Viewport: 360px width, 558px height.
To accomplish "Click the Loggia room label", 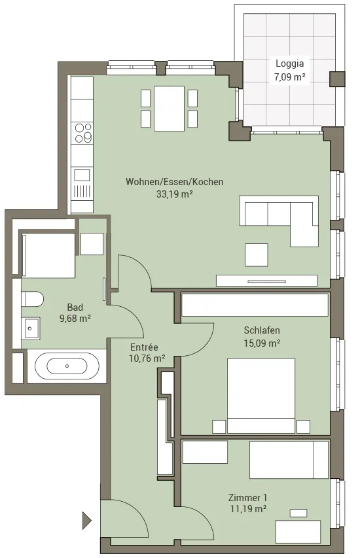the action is pyautogui.click(x=289, y=63).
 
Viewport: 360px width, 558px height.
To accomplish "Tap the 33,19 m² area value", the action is pyautogui.click(x=175, y=194).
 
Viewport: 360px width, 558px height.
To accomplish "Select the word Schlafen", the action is pyautogui.click(x=262, y=330).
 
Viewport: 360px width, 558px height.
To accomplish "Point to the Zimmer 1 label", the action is pyautogui.click(x=247, y=498).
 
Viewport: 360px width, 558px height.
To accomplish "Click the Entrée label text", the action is pyautogui.click(x=144, y=347).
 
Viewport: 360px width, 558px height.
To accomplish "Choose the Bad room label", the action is pyautogui.click(x=75, y=307).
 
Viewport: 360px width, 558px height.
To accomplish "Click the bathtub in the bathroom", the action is pyautogui.click(x=67, y=366).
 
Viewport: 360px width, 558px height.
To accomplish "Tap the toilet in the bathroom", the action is pyautogui.click(x=33, y=299).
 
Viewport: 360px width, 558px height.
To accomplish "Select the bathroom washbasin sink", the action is pyautogui.click(x=31, y=328).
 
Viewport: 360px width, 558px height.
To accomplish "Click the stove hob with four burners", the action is pyautogui.click(x=82, y=133).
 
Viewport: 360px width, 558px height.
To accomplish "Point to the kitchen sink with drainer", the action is pyautogui.click(x=82, y=184).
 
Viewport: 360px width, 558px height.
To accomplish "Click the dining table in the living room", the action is pyautogui.click(x=169, y=109).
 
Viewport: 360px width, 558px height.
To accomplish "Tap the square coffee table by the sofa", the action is pyautogui.click(x=257, y=255).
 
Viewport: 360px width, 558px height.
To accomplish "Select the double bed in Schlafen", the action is pyautogui.click(x=261, y=396).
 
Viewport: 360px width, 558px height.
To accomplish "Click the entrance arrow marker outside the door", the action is pyautogui.click(x=86, y=521).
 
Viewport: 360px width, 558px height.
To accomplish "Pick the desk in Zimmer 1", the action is pyautogui.click(x=298, y=532).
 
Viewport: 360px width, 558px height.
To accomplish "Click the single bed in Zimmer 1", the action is pyautogui.click(x=289, y=460).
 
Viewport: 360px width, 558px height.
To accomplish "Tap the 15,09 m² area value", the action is pyautogui.click(x=262, y=343).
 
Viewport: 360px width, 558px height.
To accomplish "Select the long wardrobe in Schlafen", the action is pyautogui.click(x=255, y=305).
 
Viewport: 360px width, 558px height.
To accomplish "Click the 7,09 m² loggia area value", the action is pyautogui.click(x=289, y=77).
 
